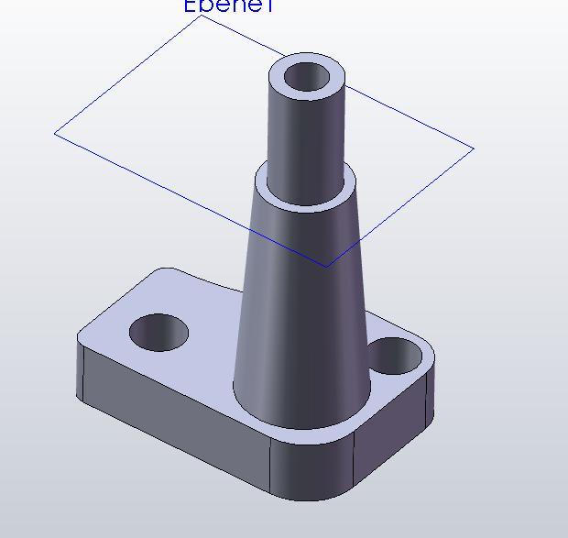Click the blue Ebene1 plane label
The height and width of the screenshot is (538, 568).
click(229, 5)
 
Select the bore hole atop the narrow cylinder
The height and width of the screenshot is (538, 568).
click(307, 78)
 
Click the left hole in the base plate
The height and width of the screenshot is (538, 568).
click(158, 332)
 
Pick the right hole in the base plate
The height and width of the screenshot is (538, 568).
click(393, 356)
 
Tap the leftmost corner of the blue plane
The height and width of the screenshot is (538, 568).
click(56, 133)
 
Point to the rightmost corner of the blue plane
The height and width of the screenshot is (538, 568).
click(473, 148)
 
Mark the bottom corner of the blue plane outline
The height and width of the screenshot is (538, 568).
click(326, 267)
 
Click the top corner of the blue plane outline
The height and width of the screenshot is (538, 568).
click(202, 16)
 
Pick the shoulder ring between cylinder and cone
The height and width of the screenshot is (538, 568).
click(305, 197)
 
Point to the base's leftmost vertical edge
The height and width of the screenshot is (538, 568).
click(78, 367)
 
